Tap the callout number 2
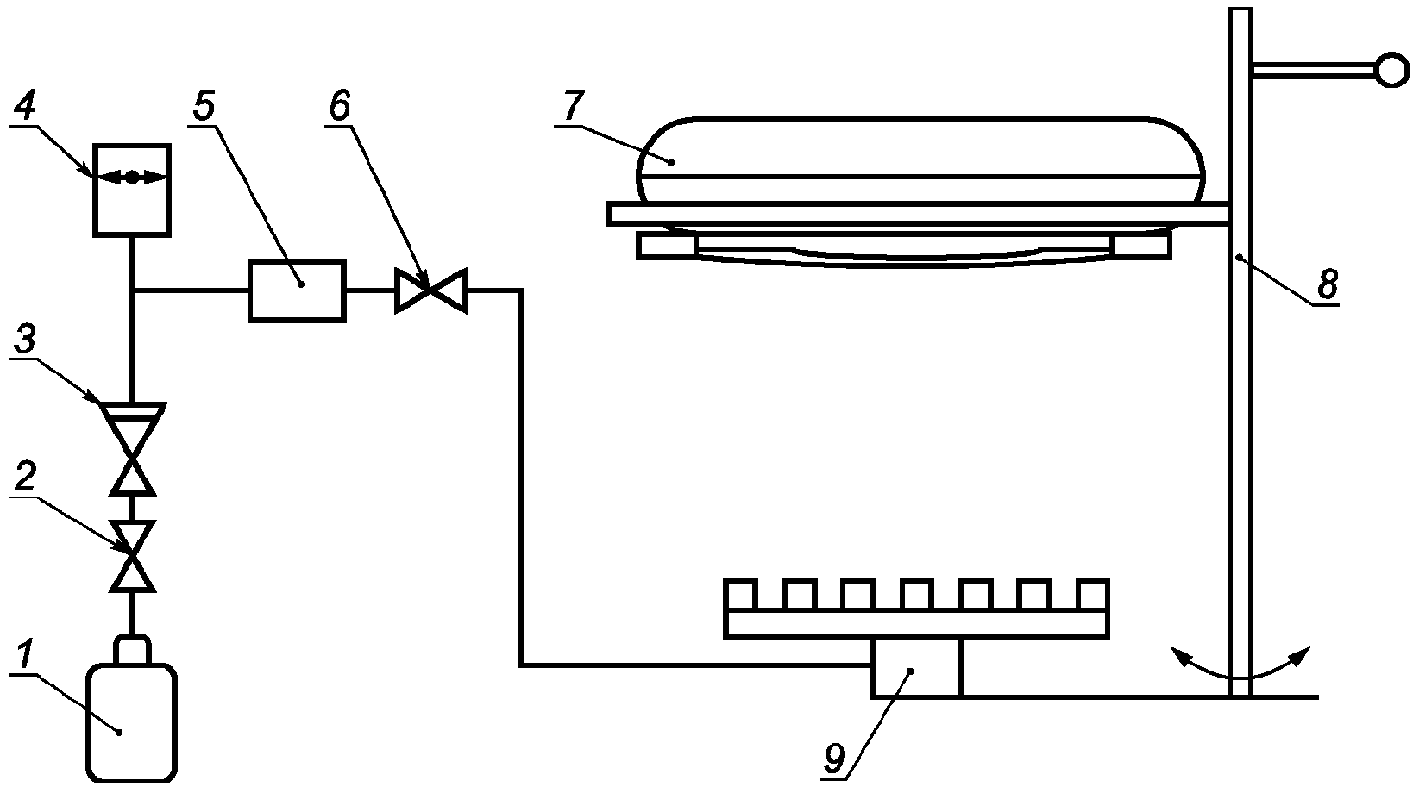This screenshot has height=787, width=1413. click(25, 477)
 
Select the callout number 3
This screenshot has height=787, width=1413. click(24, 340)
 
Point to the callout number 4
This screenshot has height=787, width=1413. click(25, 107)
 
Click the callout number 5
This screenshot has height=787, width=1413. click(204, 106)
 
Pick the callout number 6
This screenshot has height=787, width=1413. click(339, 105)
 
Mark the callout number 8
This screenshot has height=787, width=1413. click(1328, 283)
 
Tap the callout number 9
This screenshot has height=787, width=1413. click(833, 760)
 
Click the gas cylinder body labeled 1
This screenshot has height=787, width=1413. click(131, 723)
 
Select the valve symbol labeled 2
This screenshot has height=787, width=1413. click(132, 556)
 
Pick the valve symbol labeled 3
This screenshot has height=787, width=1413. click(132, 448)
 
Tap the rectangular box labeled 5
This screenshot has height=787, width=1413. click(297, 291)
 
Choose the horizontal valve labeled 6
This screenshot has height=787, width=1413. click(430, 290)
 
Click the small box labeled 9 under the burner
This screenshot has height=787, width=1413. click(915, 668)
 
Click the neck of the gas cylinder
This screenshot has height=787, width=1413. click(132, 650)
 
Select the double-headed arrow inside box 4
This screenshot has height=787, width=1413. click(131, 178)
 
